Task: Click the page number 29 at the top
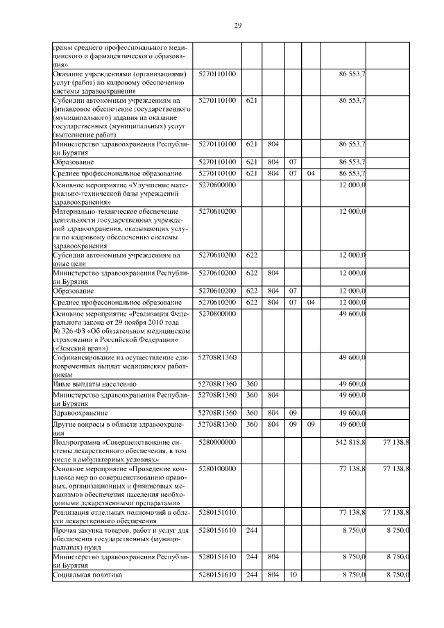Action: pyautogui.click(x=237, y=26)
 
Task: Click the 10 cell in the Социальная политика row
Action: pyautogui.click(x=293, y=575)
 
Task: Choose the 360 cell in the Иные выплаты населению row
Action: pyautogui.click(x=252, y=384)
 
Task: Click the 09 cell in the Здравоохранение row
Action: pyautogui.click(x=293, y=412)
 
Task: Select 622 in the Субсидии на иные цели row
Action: pyautogui.click(x=252, y=255)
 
